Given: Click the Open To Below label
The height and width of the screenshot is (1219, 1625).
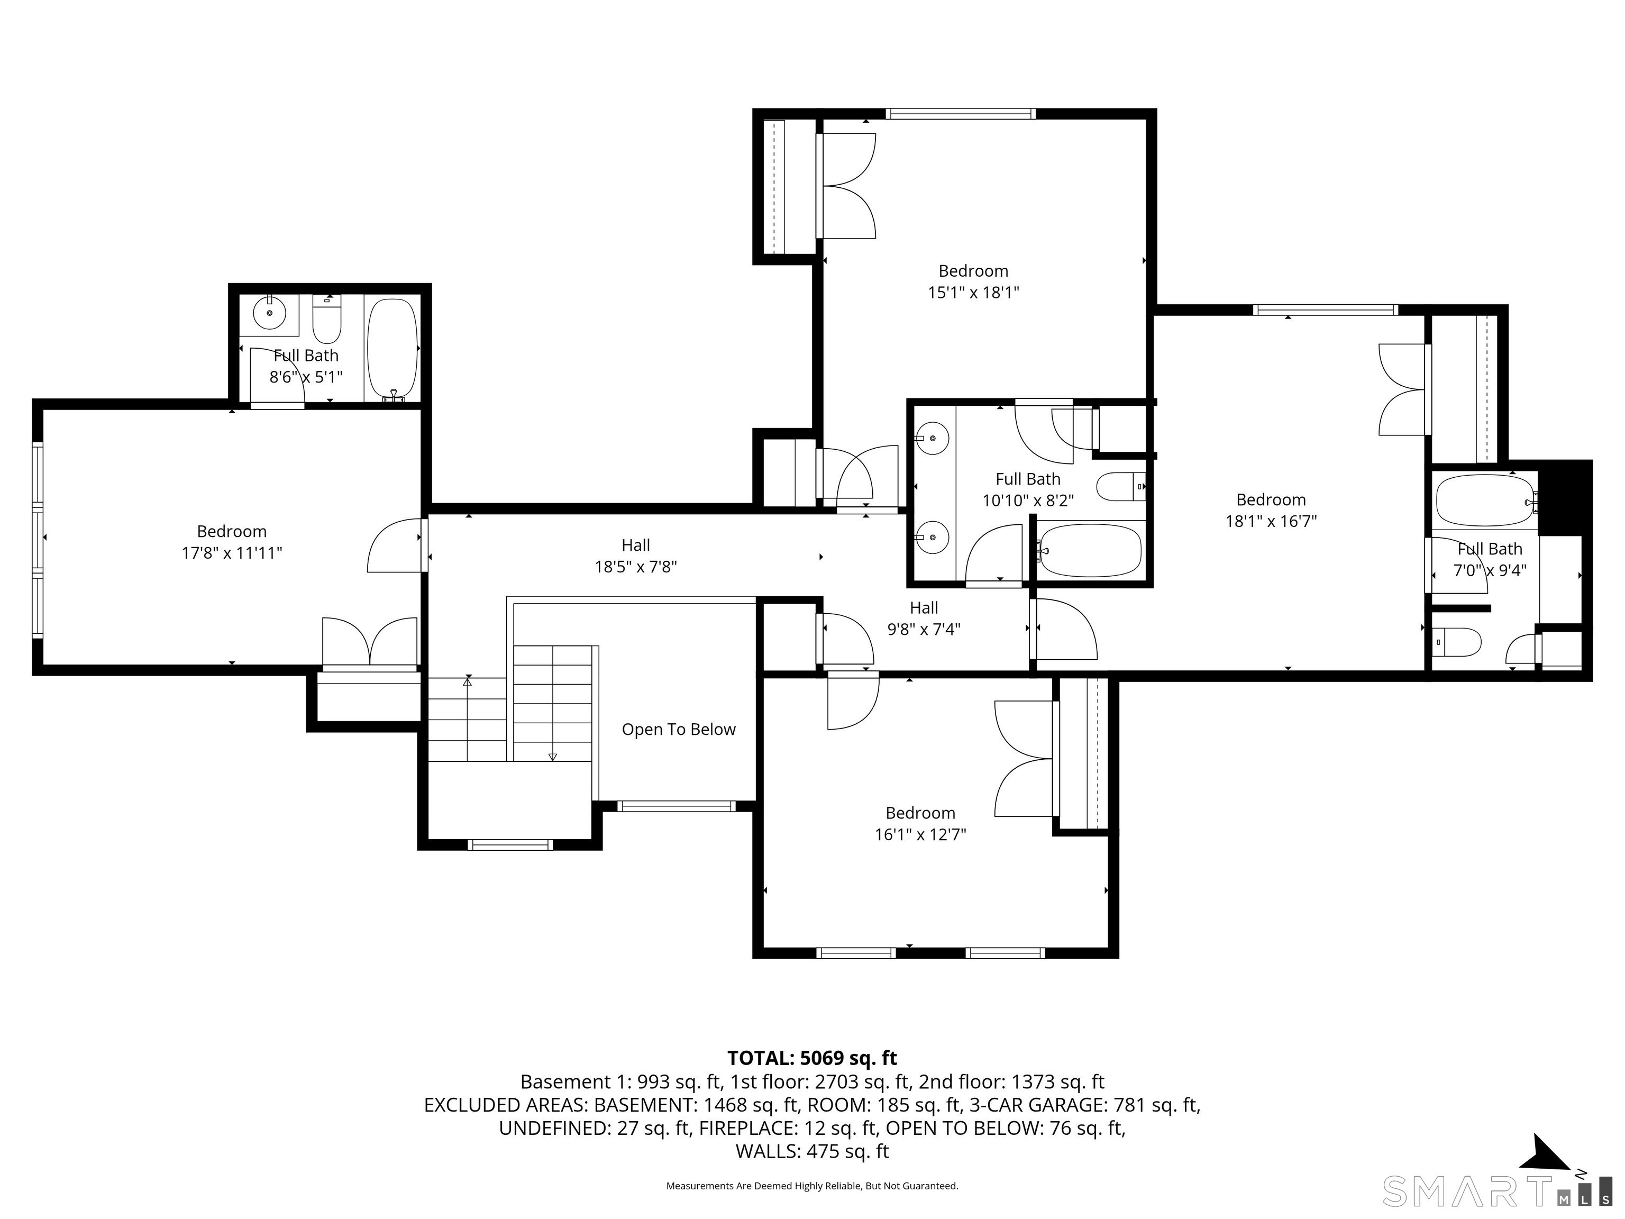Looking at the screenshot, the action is [x=678, y=730].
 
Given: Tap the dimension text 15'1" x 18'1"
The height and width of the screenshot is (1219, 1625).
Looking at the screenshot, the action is [x=973, y=293].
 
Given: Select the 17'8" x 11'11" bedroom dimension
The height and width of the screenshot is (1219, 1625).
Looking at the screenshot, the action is [x=232, y=553].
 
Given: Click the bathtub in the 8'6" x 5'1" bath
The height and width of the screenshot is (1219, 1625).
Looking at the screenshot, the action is [x=392, y=349].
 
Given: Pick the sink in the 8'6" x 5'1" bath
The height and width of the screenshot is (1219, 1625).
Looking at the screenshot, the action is [x=270, y=314].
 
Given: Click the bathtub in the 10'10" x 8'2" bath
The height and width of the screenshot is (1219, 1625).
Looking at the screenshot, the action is [x=1091, y=550].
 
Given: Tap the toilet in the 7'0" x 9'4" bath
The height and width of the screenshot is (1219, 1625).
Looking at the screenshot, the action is [x=1457, y=641].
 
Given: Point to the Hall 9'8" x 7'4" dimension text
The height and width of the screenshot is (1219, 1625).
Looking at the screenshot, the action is [x=924, y=630].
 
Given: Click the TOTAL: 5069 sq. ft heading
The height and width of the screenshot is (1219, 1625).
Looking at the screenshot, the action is [x=812, y=1058].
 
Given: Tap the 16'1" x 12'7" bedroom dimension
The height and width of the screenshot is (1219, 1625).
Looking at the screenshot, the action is [x=920, y=835].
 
